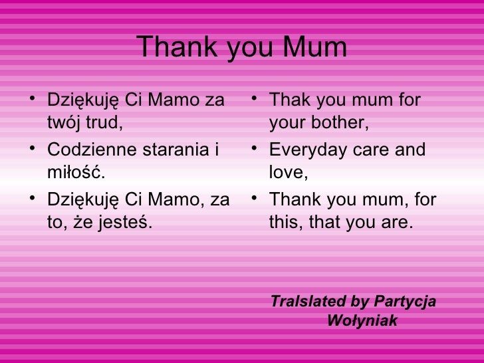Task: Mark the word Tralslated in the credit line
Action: point(308,302)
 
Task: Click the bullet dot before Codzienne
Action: point(33,150)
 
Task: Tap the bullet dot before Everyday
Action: point(255,150)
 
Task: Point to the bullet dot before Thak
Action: point(255,101)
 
